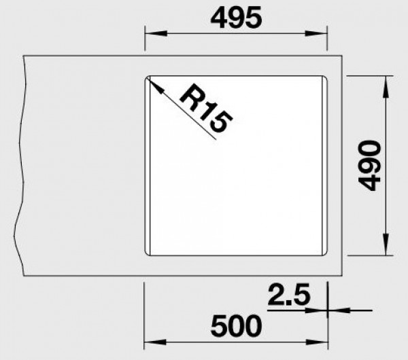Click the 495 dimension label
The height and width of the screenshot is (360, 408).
235,19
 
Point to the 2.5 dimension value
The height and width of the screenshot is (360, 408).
288,295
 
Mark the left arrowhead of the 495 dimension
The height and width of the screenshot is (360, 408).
150,33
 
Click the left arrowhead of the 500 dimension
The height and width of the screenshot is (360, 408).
150,342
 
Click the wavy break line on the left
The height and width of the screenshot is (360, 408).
22,166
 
